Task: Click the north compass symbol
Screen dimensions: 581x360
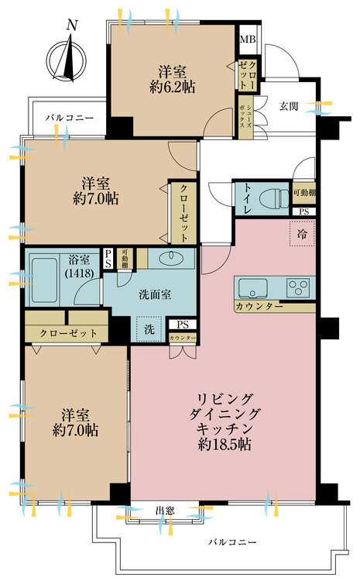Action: tap(68, 60)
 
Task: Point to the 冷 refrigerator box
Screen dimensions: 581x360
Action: tap(301, 232)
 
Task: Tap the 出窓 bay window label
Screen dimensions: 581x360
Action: tap(164, 510)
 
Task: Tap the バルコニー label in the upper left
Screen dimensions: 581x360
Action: tap(69, 118)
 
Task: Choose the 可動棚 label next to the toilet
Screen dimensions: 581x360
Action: tap(303, 193)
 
